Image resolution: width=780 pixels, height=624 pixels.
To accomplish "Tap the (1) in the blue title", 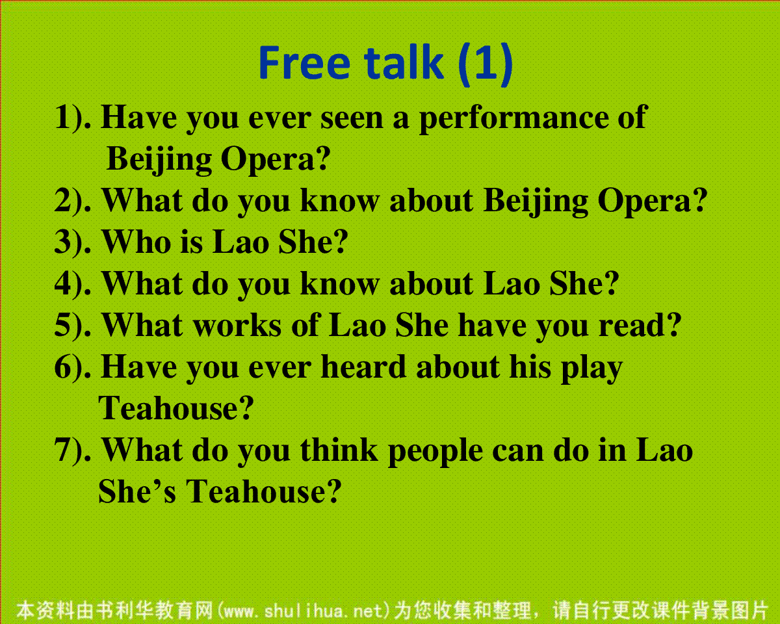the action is tap(486, 64).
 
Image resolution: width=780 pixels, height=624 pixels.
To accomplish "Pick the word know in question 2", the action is tap(340, 201).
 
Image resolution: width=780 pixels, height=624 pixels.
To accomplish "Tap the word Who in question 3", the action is tap(136, 242).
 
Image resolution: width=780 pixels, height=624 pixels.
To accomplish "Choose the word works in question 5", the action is tap(237, 325).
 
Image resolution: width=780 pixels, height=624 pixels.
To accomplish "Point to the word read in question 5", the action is tap(633, 325).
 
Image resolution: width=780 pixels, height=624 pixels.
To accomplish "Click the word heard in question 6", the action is tap(363, 367).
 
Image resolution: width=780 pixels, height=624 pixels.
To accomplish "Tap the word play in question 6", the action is tap(592, 369).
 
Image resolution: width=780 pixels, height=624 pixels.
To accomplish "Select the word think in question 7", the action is tap(339, 450).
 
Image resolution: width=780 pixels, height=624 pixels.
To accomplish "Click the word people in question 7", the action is tap(435, 452).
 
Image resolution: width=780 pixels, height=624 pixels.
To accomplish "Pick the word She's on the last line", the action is tap(137, 491).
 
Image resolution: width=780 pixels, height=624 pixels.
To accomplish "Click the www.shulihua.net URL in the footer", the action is tap(304, 611).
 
